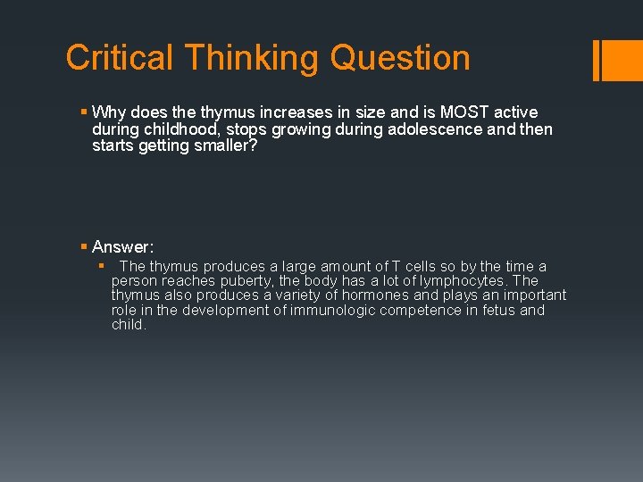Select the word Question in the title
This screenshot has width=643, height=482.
pos(400,58)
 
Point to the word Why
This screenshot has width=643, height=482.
pos(109,112)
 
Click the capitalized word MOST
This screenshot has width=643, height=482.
pos(463,112)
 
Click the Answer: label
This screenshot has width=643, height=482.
pos(123,247)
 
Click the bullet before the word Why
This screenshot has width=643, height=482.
pos(83,112)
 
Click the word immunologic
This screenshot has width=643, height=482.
pos(335,311)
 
